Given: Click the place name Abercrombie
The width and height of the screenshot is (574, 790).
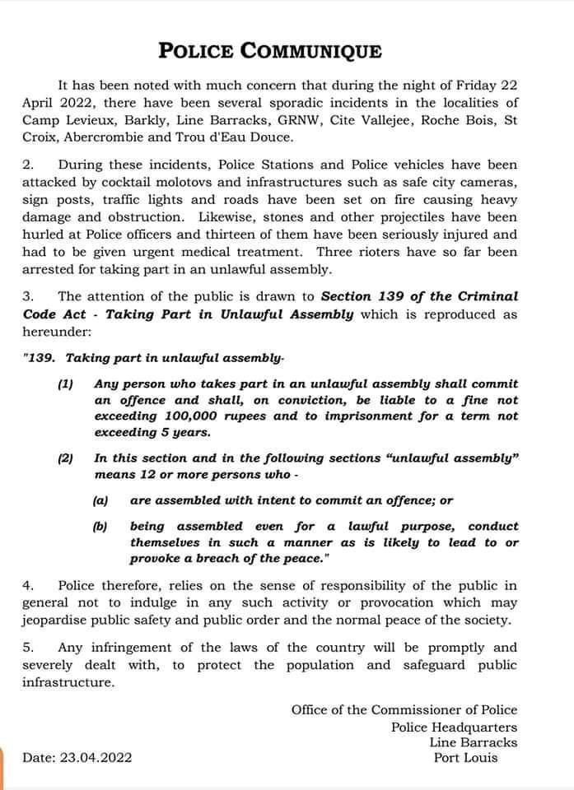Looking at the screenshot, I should point(103,137).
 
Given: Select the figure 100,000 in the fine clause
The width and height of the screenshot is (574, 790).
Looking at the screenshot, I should point(198,416).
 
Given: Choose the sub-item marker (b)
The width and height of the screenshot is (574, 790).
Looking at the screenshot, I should point(100,526).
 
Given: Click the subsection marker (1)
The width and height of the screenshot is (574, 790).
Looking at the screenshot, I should point(66,383).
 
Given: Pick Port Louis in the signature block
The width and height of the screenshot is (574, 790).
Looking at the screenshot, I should point(465,757).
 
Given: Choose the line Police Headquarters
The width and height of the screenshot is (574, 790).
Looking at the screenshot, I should point(454,727).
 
